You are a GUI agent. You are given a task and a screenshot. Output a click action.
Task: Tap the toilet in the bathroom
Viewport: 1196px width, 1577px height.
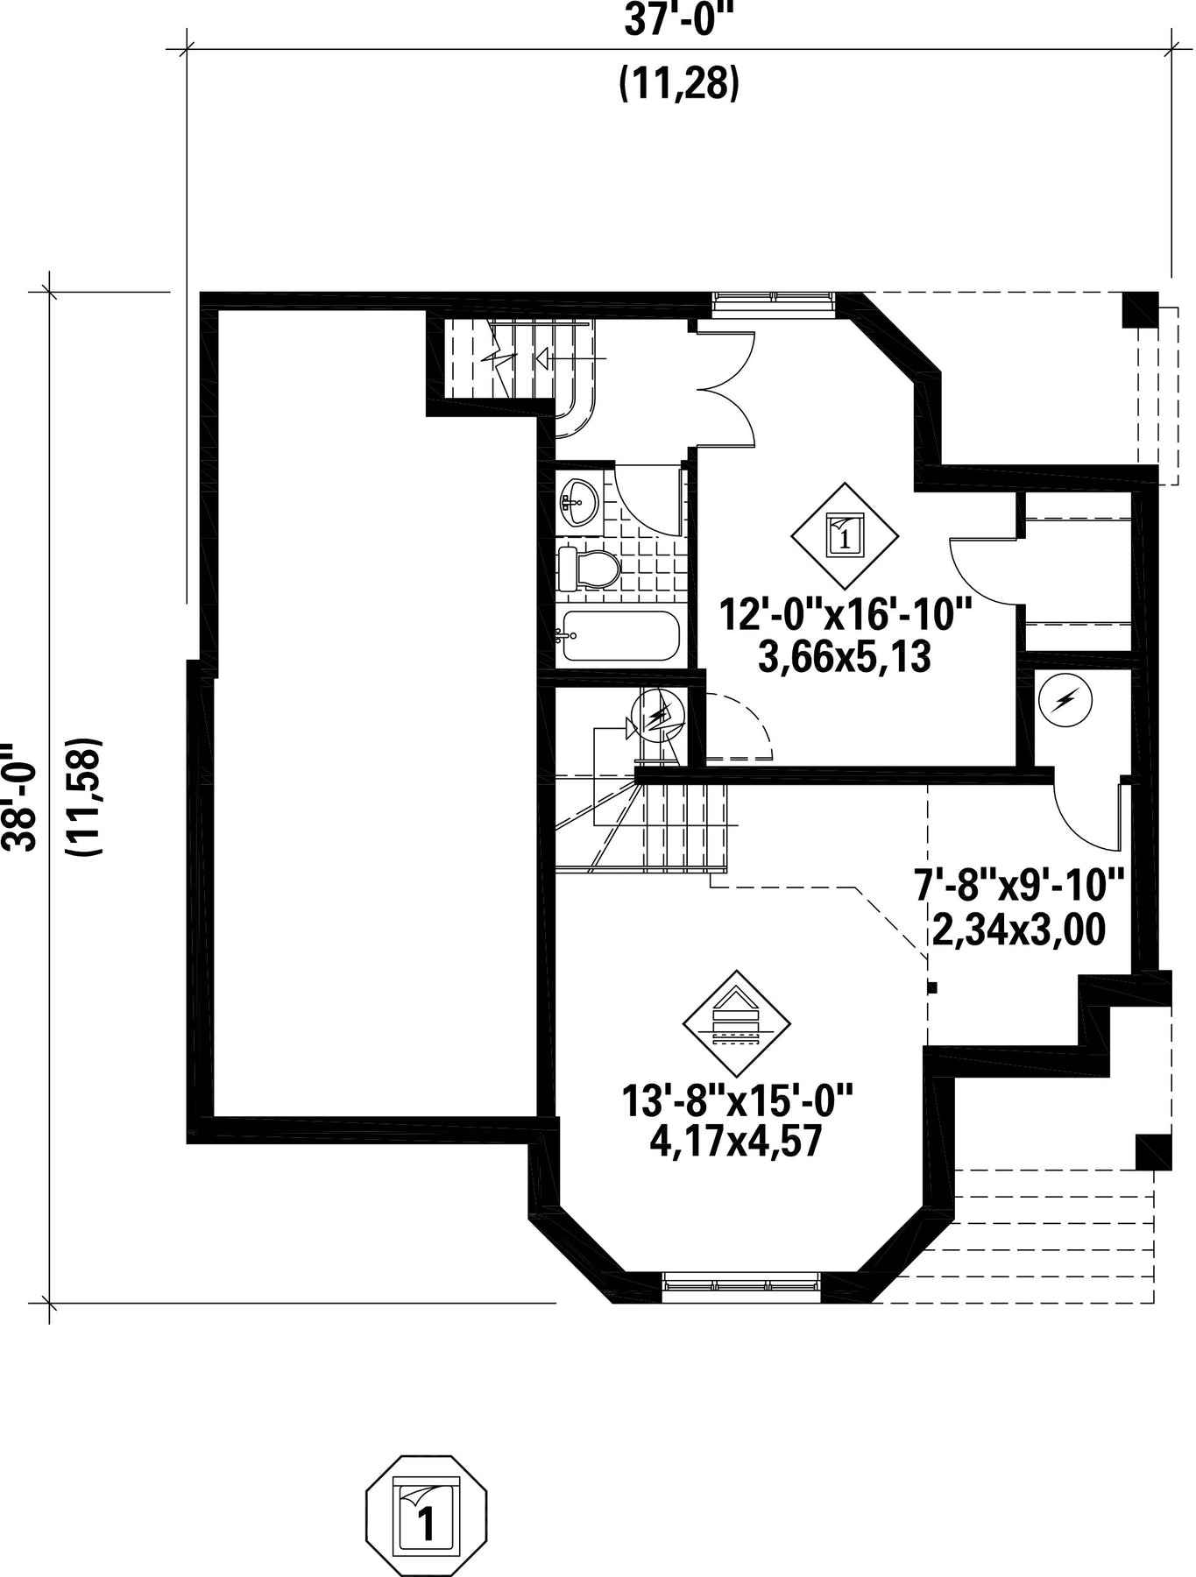(589, 569)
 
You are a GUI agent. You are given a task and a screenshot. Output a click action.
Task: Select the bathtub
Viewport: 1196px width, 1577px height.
(621, 635)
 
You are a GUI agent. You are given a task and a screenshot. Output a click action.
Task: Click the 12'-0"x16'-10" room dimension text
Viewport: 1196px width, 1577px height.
(846, 614)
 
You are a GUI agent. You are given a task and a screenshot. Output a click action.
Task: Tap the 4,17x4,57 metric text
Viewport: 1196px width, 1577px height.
(736, 1142)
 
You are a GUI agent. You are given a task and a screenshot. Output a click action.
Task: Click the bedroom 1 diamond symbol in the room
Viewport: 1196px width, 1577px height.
(845, 535)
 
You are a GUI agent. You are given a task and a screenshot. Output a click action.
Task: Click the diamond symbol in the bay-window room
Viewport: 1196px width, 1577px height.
(736, 1024)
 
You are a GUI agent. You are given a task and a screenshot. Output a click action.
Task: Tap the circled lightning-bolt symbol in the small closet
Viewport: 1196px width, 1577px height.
(1065, 700)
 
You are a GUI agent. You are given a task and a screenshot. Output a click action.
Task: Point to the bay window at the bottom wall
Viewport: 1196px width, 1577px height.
(741, 1285)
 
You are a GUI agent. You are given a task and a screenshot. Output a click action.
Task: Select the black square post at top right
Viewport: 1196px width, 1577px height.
(1141, 308)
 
